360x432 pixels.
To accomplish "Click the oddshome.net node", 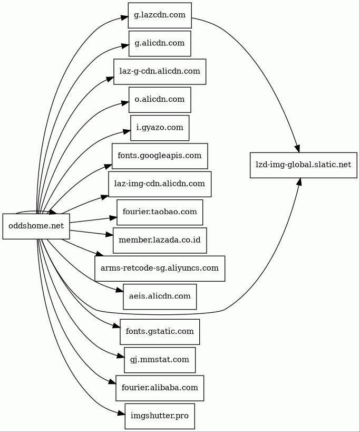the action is pos(36,226).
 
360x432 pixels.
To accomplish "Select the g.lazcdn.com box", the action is pos(160,15).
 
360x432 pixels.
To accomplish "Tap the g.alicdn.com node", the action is pos(160,43).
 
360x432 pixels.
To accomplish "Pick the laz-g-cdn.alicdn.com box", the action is pos(160,71).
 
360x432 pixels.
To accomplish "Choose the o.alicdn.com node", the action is pos(160,100).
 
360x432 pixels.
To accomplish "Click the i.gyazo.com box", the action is pos(160,128).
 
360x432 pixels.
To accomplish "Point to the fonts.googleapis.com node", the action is pos(160,156).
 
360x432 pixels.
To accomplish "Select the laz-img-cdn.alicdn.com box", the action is pos(160,184).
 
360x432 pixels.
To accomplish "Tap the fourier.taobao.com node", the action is pos(160,212).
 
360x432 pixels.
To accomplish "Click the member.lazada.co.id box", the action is pos(160,240).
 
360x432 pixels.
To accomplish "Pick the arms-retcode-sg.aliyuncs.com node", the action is pos(160,268).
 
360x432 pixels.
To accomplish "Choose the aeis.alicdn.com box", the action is pos(160,297).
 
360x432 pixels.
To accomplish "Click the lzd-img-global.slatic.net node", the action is pos(303,165).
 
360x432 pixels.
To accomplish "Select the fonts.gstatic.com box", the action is pos(160,332).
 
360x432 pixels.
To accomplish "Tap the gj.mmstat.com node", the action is pos(160,360).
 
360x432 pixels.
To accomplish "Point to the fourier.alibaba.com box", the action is pos(160,388).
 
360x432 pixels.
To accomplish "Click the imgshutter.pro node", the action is pos(160,416).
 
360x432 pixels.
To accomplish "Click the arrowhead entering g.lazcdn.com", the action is pos(124,17).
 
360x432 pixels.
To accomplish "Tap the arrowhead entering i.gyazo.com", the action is pos(127,131).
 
